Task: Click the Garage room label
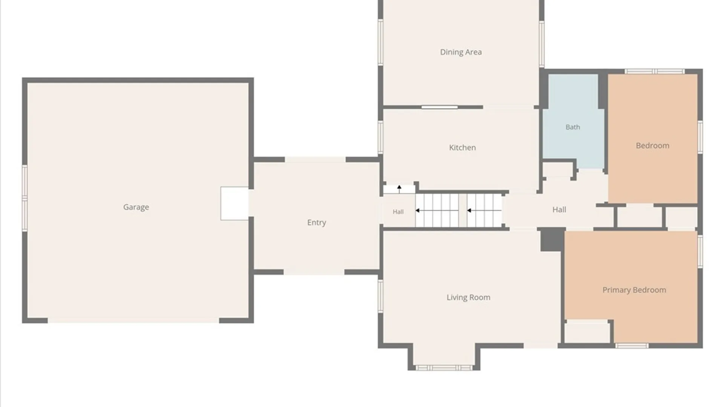[136, 207]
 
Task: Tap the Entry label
[316, 222]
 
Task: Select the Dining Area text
[461, 52]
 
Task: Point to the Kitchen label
[462, 147]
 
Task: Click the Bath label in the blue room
[573, 127]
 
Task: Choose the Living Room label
[468, 297]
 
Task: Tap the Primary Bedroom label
[634, 290]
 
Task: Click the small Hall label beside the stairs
[398, 212]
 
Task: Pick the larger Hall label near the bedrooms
[559, 210]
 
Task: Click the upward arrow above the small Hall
[399, 189]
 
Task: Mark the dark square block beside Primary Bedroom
[552, 240]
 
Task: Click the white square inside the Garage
[235, 203]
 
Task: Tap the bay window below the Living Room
[444, 367]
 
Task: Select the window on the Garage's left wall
[25, 198]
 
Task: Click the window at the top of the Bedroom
[654, 71]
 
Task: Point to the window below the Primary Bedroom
[632, 346]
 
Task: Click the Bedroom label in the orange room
[652, 145]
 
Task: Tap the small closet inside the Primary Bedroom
[587, 332]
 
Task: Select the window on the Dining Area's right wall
[541, 44]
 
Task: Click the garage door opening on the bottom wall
[133, 320]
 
